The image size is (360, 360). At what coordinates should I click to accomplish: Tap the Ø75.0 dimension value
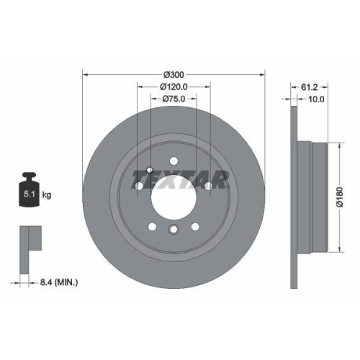(x=173, y=99)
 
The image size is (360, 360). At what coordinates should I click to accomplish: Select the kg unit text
(x=46, y=194)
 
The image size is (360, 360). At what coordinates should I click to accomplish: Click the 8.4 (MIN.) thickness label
(x=58, y=283)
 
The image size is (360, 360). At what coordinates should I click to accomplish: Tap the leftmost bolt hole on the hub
(x=138, y=186)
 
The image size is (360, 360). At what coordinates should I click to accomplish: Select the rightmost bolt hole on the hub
(x=208, y=186)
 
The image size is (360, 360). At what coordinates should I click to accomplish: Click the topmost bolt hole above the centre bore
(x=173, y=161)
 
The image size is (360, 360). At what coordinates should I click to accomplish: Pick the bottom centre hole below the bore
(x=173, y=230)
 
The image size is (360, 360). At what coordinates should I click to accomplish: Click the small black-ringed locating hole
(x=148, y=171)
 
